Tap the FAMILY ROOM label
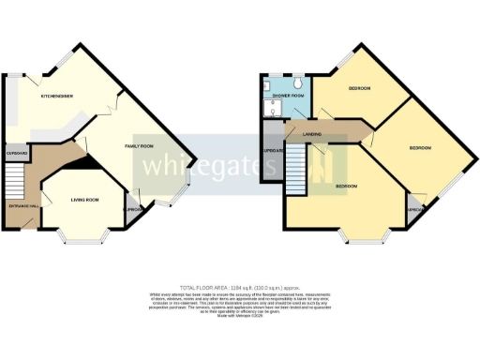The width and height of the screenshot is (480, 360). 140,146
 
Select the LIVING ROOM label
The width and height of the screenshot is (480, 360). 86,199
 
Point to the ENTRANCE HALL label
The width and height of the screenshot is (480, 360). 24,205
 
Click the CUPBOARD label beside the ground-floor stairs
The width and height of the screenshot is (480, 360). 18,153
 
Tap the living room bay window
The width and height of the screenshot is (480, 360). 82,241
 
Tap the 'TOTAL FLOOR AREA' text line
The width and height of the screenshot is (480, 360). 239,287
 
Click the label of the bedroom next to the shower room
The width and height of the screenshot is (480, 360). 360,89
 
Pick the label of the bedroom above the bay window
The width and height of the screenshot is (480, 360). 345,187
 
